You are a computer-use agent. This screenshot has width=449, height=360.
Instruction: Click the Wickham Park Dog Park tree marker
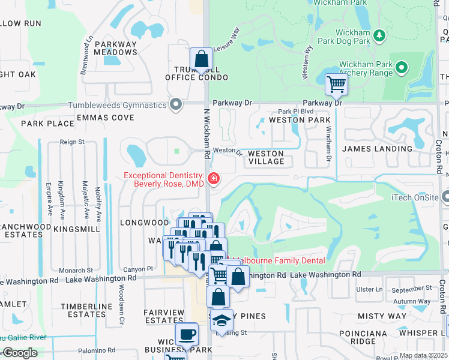[x=379, y=36]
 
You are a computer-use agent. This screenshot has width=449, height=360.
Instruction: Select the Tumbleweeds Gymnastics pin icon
[x=176, y=105]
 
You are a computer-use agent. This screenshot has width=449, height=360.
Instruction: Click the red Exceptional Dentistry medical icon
[x=214, y=179]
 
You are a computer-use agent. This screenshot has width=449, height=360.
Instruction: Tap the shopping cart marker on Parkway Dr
[x=336, y=84]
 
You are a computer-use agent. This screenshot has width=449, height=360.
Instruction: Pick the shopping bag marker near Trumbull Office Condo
[x=201, y=59]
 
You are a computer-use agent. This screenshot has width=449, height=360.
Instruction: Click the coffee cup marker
[x=186, y=334]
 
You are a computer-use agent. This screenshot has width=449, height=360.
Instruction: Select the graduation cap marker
[x=221, y=320]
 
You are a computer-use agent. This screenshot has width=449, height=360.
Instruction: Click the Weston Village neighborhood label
[x=266, y=157]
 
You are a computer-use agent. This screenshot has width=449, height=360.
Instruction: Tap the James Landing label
[x=377, y=148]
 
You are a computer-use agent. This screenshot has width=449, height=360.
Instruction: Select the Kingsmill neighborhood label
[x=77, y=229]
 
